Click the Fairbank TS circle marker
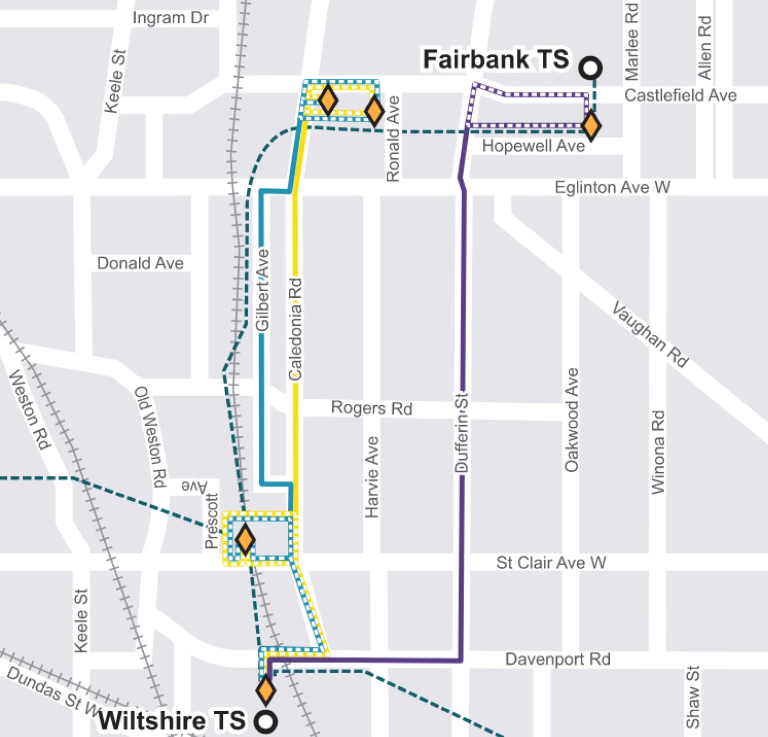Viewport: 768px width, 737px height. click(590, 68)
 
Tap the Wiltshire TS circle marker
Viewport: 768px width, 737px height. click(266, 721)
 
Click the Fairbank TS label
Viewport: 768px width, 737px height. click(495, 59)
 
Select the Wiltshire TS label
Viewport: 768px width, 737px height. click(172, 721)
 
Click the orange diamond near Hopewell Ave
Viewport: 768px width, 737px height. click(591, 126)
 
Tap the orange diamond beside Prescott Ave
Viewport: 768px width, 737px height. click(245, 539)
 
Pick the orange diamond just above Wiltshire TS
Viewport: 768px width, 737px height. click(265, 690)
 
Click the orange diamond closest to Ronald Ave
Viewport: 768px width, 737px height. click(374, 111)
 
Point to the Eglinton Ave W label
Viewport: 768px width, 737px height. click(612, 187)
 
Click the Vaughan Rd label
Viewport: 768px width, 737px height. click(650, 335)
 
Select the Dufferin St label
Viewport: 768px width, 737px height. click(462, 433)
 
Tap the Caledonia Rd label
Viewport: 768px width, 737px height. click(295, 329)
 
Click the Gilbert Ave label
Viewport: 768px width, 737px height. click(262, 290)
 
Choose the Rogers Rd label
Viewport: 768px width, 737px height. click(372, 408)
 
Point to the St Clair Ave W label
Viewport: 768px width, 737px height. click(551, 563)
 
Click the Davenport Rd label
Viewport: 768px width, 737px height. click(557, 659)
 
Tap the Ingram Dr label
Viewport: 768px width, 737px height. click(170, 18)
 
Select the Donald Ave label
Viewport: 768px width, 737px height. click(140, 263)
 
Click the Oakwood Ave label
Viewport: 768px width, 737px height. click(571, 420)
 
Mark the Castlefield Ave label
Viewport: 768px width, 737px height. click(681, 96)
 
